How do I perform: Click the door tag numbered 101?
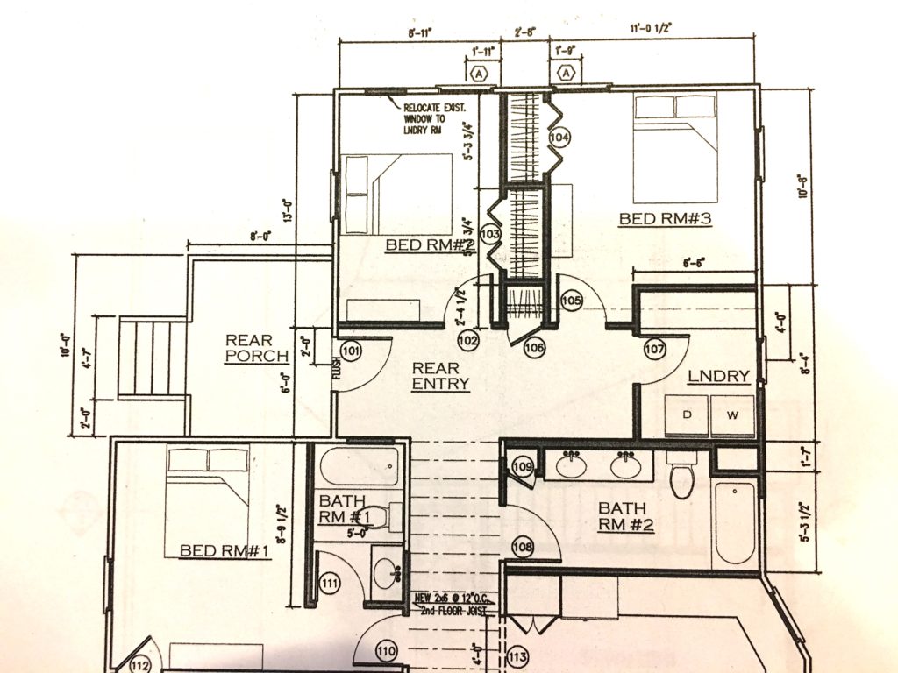[352, 352]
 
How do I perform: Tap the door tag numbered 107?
[654, 348]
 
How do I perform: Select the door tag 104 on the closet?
[559, 138]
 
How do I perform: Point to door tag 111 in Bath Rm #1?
[330, 583]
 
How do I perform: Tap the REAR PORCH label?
[257, 348]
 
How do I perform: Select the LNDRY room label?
[718, 377]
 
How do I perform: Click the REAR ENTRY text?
[440, 376]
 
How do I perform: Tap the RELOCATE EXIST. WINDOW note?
[434, 117]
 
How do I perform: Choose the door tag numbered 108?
[523, 548]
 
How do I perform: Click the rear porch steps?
[153, 358]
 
